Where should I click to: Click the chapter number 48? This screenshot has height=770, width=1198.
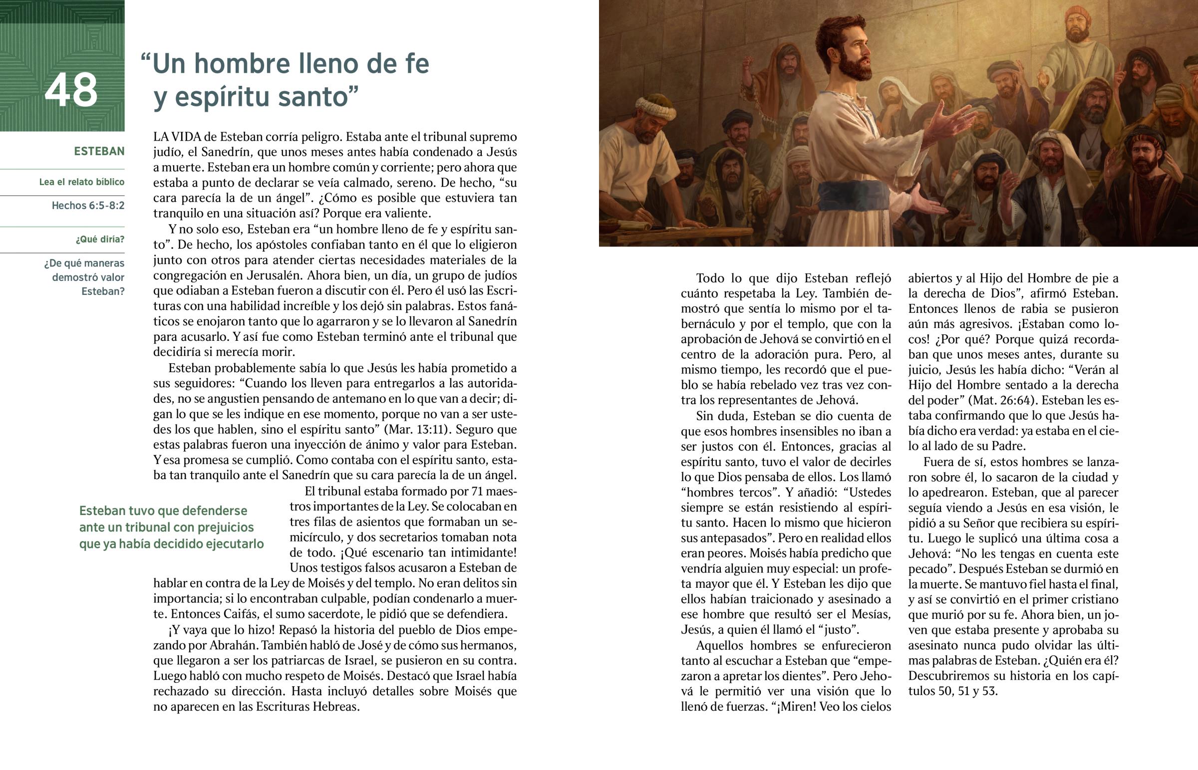coord(71,90)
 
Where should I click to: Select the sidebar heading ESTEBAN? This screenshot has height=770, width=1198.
coord(99,151)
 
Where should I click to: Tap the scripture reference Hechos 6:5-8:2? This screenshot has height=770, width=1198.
coord(88,206)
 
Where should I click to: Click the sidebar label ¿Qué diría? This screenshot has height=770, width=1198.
coord(100,239)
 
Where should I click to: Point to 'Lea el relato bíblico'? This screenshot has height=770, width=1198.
coord(82,182)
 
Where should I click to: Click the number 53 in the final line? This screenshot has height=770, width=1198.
coord(989,691)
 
